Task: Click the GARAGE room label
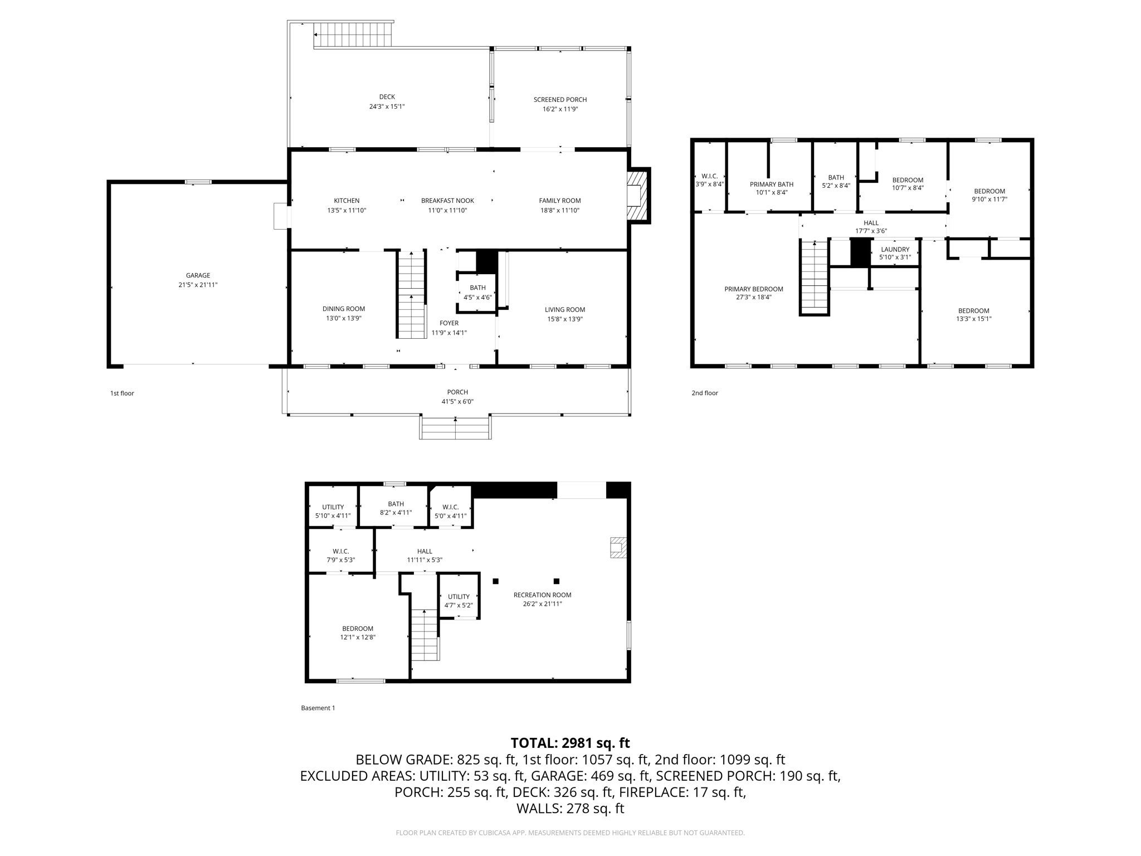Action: pyautogui.click(x=198, y=275)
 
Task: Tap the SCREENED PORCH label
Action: pyautogui.click(x=560, y=100)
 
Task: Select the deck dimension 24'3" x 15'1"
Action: pyautogui.click(x=387, y=106)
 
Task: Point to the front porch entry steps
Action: pyautogui.click(x=455, y=428)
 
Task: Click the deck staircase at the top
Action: pyautogui.click(x=353, y=35)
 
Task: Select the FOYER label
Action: pyautogui.click(x=449, y=323)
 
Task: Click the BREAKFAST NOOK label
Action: pyautogui.click(x=447, y=201)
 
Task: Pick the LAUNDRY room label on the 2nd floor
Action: pyautogui.click(x=895, y=250)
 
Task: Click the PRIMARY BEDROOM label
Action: pyautogui.click(x=753, y=289)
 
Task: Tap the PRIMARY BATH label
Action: pyautogui.click(x=771, y=184)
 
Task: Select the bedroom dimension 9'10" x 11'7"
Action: pyautogui.click(x=989, y=200)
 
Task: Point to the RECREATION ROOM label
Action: pyautogui.click(x=542, y=595)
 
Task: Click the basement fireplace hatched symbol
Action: pyautogui.click(x=618, y=547)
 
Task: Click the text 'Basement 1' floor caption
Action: pyautogui.click(x=318, y=708)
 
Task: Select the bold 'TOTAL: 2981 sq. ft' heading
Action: pyautogui.click(x=570, y=743)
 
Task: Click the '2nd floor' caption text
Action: pyautogui.click(x=705, y=393)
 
